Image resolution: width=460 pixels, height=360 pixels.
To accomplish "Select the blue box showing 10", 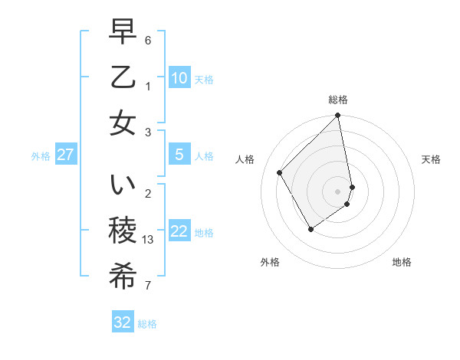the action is (179, 78).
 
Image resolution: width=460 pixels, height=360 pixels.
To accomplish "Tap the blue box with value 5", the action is (179, 155).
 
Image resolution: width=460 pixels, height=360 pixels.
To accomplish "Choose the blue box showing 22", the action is (179, 232).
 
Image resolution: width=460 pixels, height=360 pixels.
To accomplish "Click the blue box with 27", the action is (65, 155).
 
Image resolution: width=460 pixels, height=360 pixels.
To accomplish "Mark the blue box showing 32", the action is (123, 322).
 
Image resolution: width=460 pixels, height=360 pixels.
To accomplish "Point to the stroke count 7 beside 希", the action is (148, 286).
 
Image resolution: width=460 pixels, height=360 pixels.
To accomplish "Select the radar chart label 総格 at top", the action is (338, 100).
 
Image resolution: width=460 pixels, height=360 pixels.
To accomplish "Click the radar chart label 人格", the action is (245, 159).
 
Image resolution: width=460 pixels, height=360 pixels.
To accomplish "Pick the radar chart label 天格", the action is (431, 159).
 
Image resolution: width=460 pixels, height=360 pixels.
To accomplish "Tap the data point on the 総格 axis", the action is (338, 116).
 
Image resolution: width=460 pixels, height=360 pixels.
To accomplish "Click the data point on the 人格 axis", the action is (280, 172).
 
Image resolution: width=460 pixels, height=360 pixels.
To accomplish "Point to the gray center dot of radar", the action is (338, 191).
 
